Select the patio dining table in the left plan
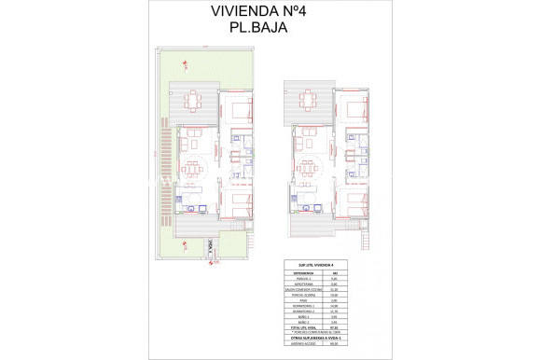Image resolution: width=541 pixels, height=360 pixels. coord(194,100)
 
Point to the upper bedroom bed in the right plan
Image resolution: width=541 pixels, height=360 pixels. coord(354,110)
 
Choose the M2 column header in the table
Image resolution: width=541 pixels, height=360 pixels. coord(335,274)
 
